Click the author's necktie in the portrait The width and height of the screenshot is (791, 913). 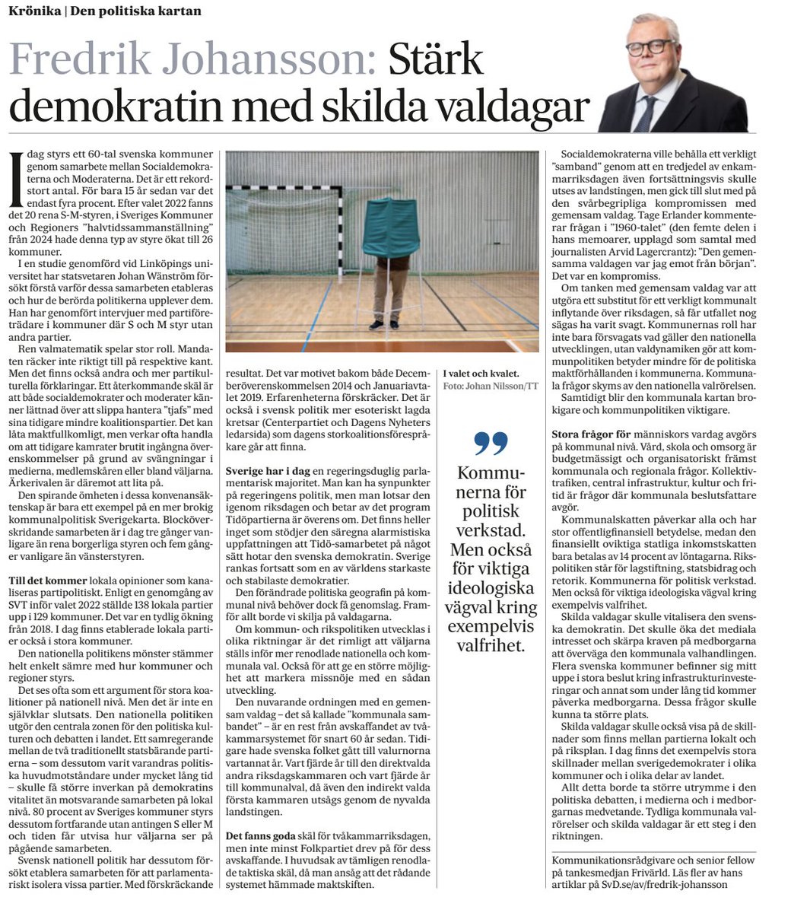point(646,111)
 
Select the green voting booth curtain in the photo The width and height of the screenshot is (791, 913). point(390,227)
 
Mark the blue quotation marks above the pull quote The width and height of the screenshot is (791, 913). point(490,442)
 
